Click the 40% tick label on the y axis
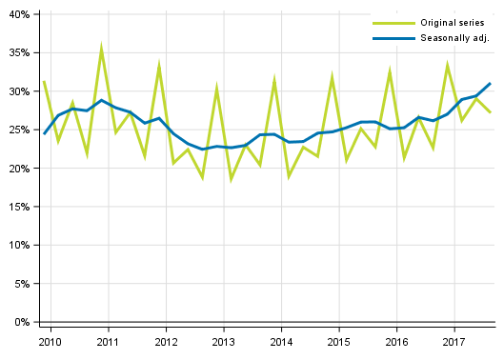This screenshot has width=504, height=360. (19, 14)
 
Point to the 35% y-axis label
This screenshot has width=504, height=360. (19, 53)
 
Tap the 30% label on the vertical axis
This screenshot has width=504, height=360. (19, 91)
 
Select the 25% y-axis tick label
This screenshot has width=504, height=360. (19, 130)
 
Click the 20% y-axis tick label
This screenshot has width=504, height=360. (19, 169)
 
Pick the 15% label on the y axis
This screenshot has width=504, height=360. (19, 207)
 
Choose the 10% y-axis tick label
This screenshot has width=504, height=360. (19, 246)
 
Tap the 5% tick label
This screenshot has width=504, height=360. (22, 284)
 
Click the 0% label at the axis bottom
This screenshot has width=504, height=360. (22, 322)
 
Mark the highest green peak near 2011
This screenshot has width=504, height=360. (101, 47)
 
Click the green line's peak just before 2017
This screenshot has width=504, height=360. (448, 65)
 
